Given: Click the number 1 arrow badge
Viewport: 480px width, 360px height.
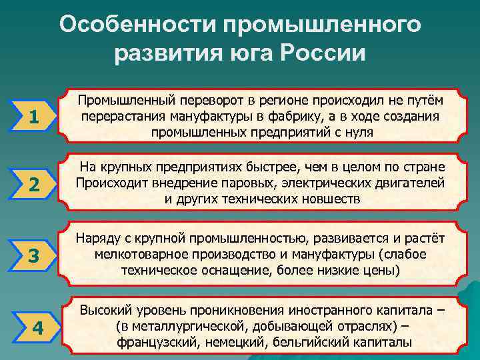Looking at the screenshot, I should [x=33, y=118].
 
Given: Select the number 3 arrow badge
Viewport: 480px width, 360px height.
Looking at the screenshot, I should [x=33, y=255].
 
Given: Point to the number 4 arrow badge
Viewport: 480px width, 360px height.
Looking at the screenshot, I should [x=37, y=328].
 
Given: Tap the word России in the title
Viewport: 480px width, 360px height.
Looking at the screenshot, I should [x=324, y=53].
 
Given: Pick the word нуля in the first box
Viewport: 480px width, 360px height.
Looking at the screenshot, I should [x=359, y=132].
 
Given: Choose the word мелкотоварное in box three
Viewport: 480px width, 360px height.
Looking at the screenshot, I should [x=136, y=255].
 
